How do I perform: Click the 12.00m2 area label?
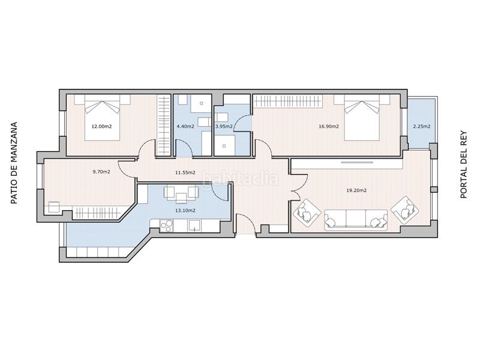101,126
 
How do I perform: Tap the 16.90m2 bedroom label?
329,126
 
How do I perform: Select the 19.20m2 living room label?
356,190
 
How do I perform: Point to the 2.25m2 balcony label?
422,127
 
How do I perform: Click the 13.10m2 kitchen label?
185,211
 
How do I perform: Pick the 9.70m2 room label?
101,172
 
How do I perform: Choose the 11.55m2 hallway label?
185,173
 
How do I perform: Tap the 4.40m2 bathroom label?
185,127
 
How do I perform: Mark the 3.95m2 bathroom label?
224,127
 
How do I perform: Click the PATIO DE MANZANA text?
14,163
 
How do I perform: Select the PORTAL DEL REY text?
464,164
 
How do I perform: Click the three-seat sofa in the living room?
356,220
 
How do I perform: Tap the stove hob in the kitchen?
167,226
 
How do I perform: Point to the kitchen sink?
194,226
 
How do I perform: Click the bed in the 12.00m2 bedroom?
102,117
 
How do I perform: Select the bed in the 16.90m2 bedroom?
362,117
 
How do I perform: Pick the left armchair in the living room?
307,213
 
